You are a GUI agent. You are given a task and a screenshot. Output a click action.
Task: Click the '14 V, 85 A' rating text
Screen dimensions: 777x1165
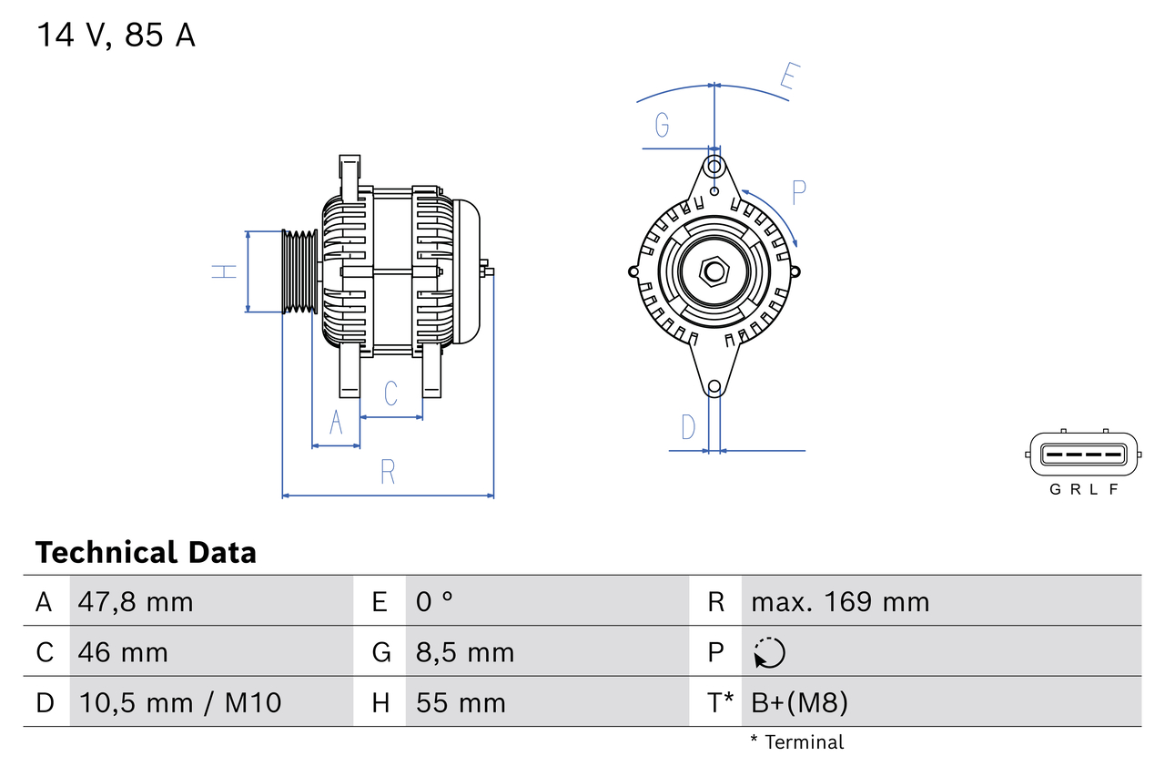pos(116,36)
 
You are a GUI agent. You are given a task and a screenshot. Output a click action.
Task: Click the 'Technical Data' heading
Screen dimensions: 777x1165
pos(146,553)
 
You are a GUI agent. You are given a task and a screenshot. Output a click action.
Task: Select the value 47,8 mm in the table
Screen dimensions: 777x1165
pos(136,602)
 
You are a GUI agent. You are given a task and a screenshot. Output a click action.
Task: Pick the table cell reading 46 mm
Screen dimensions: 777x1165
pos(123,652)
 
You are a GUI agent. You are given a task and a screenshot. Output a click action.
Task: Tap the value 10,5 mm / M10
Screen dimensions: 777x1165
pos(180,702)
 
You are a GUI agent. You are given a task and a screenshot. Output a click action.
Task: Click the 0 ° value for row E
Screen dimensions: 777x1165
pos(435,602)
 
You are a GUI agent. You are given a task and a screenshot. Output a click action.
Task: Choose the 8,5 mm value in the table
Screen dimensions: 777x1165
pos(465,652)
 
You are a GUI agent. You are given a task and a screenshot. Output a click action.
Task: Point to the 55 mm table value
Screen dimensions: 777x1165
pos(461,702)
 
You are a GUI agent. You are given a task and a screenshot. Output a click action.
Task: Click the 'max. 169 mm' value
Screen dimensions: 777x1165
pos(840,602)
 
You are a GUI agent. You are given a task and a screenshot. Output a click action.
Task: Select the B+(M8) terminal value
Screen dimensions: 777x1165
pos(799,702)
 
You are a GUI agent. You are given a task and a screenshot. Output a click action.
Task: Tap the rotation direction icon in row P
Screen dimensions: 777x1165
pos(769,652)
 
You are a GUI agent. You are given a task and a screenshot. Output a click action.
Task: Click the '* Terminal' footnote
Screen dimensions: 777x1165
pos(797,742)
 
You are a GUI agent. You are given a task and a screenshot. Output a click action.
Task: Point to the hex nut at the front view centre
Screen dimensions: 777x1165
pos(714,271)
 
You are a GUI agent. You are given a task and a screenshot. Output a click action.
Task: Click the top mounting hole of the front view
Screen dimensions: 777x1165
pos(714,167)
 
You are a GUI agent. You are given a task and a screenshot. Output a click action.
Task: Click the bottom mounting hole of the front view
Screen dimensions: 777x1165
pos(714,387)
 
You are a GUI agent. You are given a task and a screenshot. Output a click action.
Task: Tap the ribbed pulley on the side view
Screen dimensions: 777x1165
pos(299,271)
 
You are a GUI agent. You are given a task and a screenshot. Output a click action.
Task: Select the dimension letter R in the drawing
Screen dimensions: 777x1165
pos(388,472)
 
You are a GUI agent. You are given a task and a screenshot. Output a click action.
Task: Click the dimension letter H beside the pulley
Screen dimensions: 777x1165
pos(224,271)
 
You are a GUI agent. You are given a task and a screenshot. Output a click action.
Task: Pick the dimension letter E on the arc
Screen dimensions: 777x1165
pos(789,79)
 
